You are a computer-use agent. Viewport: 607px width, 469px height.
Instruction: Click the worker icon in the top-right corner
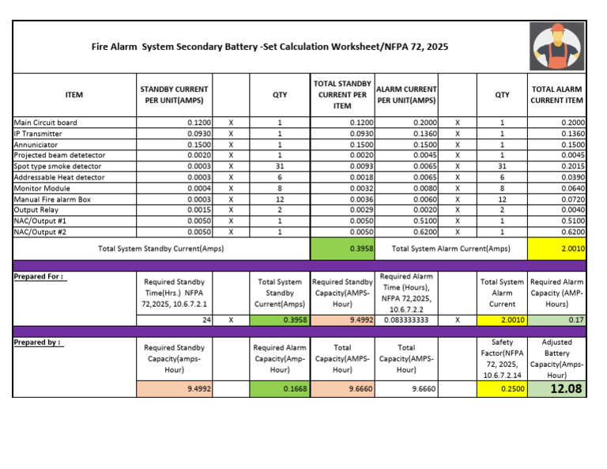pyautogui.click(x=558, y=46)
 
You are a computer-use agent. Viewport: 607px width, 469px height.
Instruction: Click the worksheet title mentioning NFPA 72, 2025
pyautogui.click(x=270, y=47)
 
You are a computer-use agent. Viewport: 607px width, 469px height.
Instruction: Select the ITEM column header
pyautogui.click(x=74, y=95)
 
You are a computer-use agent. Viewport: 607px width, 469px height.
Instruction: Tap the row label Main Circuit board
pyautogui.click(x=45, y=123)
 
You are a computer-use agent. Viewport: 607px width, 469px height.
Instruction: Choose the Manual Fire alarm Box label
pyautogui.click(x=52, y=199)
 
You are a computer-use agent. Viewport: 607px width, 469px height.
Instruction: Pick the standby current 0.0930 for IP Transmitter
pyautogui.click(x=198, y=134)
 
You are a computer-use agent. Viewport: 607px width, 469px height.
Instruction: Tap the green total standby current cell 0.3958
pyautogui.click(x=341, y=249)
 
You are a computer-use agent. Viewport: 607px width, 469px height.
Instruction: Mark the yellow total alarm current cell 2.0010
pyautogui.click(x=556, y=249)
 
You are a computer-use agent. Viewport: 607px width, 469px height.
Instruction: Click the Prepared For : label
pyautogui.click(x=39, y=277)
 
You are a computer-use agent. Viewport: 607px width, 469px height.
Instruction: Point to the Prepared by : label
pyautogui.click(x=38, y=342)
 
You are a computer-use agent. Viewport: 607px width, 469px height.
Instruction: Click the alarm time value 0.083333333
pyautogui.click(x=405, y=320)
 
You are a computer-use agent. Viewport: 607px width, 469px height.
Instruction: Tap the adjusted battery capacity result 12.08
pyautogui.click(x=556, y=388)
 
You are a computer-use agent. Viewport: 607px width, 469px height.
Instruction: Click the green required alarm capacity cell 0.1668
pyautogui.click(x=278, y=389)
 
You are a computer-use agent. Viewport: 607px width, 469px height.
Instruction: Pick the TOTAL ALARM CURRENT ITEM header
pyautogui.click(x=556, y=95)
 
